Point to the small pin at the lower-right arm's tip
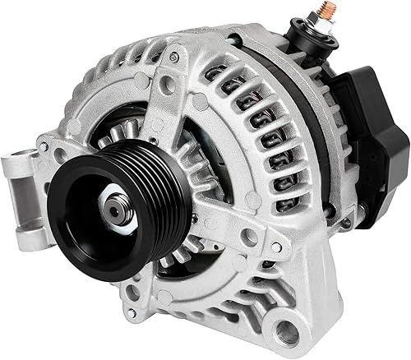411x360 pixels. [x=275, y=247]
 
